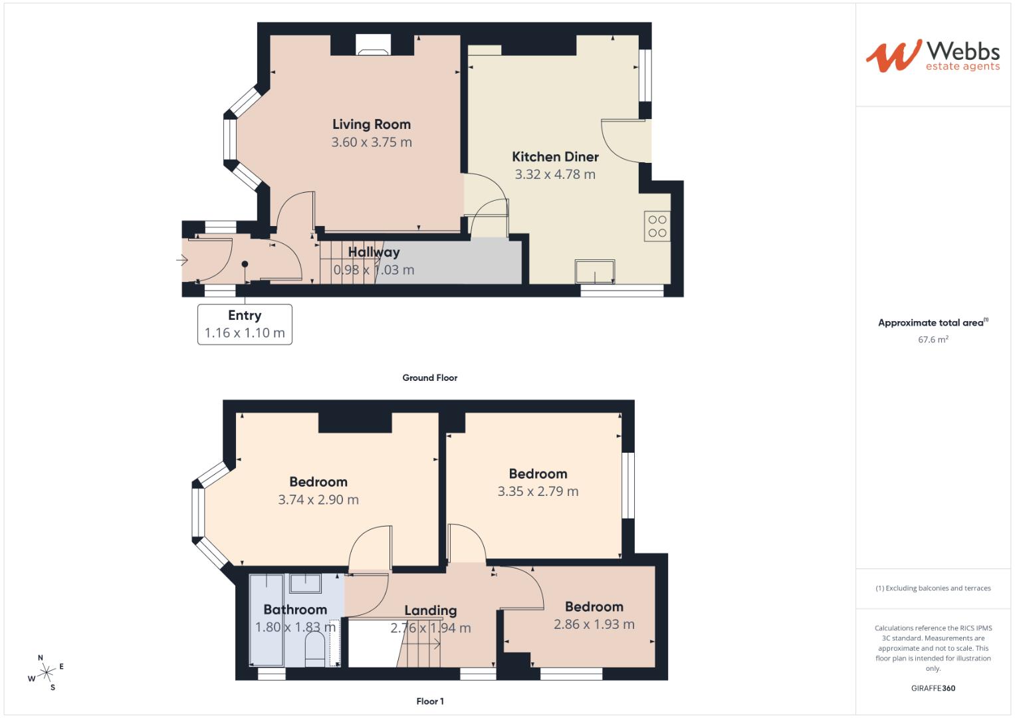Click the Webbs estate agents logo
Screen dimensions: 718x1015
click(x=932, y=56)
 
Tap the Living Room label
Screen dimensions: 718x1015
click(x=371, y=124)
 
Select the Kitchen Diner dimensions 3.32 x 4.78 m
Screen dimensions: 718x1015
click(x=555, y=174)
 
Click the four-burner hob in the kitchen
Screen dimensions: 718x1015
click(x=657, y=226)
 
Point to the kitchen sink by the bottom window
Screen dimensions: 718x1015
click(x=595, y=271)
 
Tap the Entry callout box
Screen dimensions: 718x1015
click(x=245, y=324)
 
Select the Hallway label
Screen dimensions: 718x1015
click(x=374, y=252)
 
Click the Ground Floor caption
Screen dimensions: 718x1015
click(x=429, y=378)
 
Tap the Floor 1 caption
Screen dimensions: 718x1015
click(x=429, y=701)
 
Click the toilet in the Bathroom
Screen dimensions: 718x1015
click(x=314, y=648)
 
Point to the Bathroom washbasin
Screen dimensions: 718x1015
click(x=306, y=583)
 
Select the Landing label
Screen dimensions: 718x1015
click(x=430, y=610)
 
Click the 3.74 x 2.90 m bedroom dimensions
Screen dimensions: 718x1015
click(x=318, y=500)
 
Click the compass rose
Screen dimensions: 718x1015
click(x=46, y=673)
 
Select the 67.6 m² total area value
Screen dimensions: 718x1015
click(x=933, y=340)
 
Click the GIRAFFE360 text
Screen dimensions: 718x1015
click(x=933, y=688)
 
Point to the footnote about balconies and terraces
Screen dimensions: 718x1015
click(x=933, y=588)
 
